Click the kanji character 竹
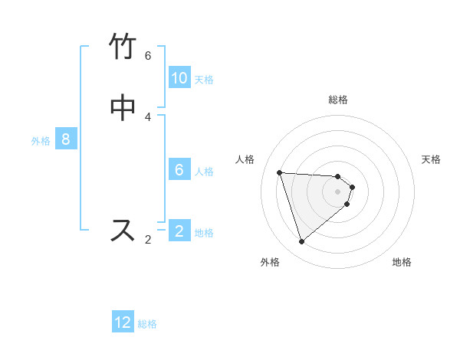pos(123,47)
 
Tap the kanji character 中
pos(123,107)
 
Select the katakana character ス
pos(123,230)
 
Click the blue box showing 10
pos(179,78)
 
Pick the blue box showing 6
pos(179,170)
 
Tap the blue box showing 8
pos(66,139)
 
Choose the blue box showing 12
pos(123,322)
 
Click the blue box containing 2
pos(179,231)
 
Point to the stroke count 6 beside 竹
pos(148,56)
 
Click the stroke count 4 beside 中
pos(148,116)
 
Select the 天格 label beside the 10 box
pos(204,79)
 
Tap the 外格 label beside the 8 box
pos(41,140)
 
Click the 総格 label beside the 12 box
pos(147,324)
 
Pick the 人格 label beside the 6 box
pos(204,171)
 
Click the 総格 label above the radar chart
pos(338,100)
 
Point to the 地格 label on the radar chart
pos(402,262)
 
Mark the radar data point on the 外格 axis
pos(301,242)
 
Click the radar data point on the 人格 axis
pos(280,172)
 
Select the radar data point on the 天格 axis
pos(352,187)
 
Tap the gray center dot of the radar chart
pos(338,191)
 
